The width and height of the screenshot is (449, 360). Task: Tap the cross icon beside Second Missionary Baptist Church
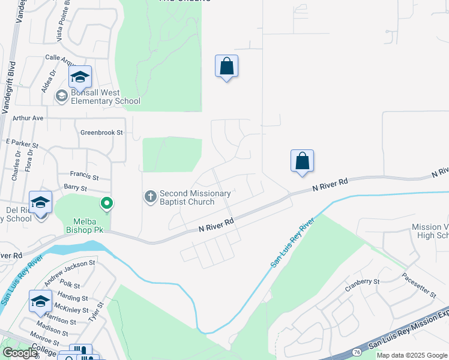(x=150, y=196)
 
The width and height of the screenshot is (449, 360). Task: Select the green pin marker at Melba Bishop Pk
(x=107, y=204)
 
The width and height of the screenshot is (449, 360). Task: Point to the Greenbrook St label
(x=101, y=132)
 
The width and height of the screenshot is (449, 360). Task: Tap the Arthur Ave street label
(x=28, y=118)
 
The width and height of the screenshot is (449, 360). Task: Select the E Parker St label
(x=22, y=143)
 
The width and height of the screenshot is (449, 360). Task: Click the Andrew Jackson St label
(x=70, y=270)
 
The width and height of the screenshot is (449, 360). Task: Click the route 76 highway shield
(x=357, y=352)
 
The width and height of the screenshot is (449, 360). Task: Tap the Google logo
(x=20, y=353)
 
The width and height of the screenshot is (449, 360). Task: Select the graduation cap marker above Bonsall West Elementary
(x=79, y=76)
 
